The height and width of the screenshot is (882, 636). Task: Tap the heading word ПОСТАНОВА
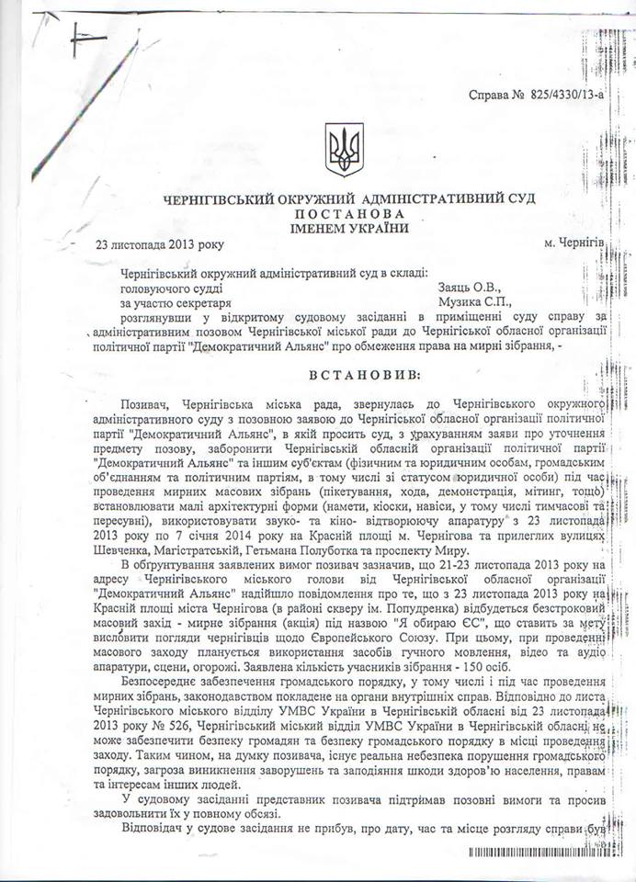pyautogui.click(x=335, y=213)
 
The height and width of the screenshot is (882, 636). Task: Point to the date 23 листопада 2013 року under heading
pyautogui.click(x=159, y=244)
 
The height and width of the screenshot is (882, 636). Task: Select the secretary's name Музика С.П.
pyautogui.click(x=473, y=301)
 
